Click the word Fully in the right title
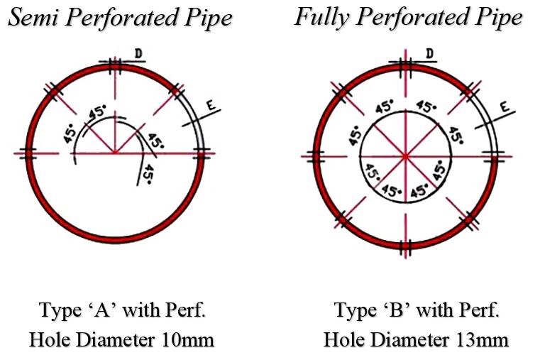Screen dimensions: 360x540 coord(319,17)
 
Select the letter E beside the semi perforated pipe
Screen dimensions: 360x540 coord(210,107)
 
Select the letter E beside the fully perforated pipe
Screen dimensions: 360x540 coord(503,107)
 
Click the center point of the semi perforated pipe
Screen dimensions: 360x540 coord(114,153)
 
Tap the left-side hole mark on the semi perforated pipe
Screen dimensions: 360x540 coord(27,153)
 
